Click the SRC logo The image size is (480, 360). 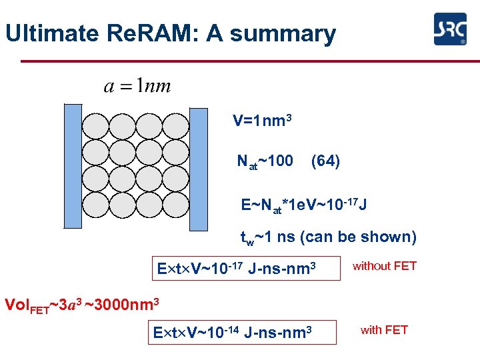(449, 29)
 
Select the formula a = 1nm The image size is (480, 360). (137, 86)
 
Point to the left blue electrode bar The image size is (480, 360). (72, 166)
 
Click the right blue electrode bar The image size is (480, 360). (199, 166)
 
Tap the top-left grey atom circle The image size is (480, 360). (95, 126)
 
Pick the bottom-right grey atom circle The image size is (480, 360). (175, 208)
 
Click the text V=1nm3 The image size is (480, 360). (261, 121)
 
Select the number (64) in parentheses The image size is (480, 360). (325, 161)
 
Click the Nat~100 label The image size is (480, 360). (265, 161)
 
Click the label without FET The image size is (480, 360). (385, 266)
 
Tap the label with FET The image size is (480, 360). (384, 329)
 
